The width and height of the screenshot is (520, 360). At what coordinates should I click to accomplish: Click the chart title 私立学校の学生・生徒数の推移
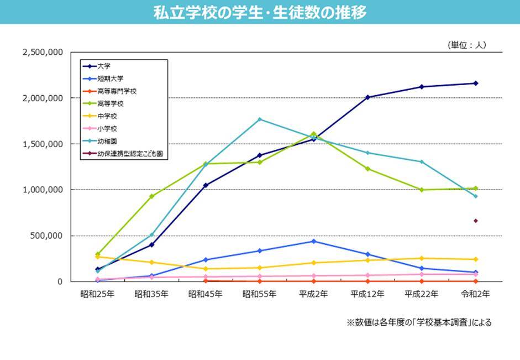(x=260, y=12)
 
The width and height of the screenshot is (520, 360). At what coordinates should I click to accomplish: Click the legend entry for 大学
(x=104, y=66)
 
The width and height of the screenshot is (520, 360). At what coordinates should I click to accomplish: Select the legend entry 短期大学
(x=111, y=79)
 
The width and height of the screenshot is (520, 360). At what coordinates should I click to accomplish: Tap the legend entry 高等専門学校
(x=117, y=91)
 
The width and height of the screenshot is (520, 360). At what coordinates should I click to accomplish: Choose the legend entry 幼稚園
(x=107, y=142)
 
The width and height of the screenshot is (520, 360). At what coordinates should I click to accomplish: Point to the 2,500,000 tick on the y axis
(x=43, y=53)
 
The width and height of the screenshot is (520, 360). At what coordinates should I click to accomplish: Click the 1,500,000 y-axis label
(x=43, y=144)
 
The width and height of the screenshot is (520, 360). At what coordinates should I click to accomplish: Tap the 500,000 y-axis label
(x=48, y=236)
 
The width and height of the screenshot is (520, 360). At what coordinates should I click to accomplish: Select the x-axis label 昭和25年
(x=97, y=294)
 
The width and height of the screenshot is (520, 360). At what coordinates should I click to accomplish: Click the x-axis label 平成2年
(x=314, y=294)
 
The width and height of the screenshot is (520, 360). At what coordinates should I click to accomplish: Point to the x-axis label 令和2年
(x=476, y=294)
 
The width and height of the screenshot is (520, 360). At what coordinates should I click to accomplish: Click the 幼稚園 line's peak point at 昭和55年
(x=260, y=119)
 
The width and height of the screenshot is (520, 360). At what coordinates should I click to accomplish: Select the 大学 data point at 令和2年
(x=476, y=84)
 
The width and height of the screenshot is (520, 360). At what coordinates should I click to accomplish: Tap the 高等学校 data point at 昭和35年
(x=151, y=196)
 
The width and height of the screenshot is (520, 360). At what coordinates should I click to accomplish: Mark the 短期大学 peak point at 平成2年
(x=314, y=241)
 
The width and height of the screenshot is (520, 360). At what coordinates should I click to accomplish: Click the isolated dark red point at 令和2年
(x=476, y=221)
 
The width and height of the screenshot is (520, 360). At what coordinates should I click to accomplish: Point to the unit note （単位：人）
(x=466, y=45)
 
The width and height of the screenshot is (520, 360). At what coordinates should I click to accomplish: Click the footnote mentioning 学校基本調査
(x=419, y=322)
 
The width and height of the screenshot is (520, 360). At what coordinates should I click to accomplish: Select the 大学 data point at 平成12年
(x=367, y=97)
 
